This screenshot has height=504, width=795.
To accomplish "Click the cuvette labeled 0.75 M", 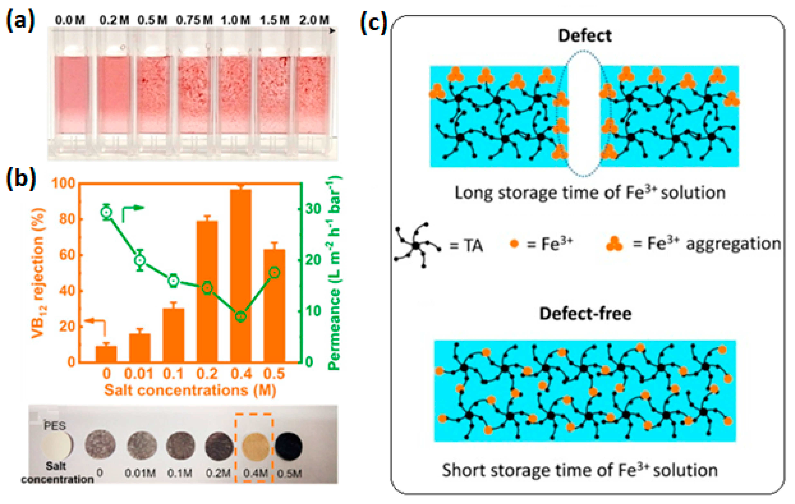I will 194,96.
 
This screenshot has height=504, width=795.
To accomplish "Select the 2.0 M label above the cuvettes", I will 314,20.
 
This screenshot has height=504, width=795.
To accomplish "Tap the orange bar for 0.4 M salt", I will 241,276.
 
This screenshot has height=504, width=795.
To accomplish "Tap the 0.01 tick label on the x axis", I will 139,374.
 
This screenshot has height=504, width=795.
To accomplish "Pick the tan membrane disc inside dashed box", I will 255,446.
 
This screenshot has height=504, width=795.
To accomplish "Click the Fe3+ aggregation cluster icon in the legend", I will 614,244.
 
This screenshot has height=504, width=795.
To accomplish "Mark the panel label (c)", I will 373,23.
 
